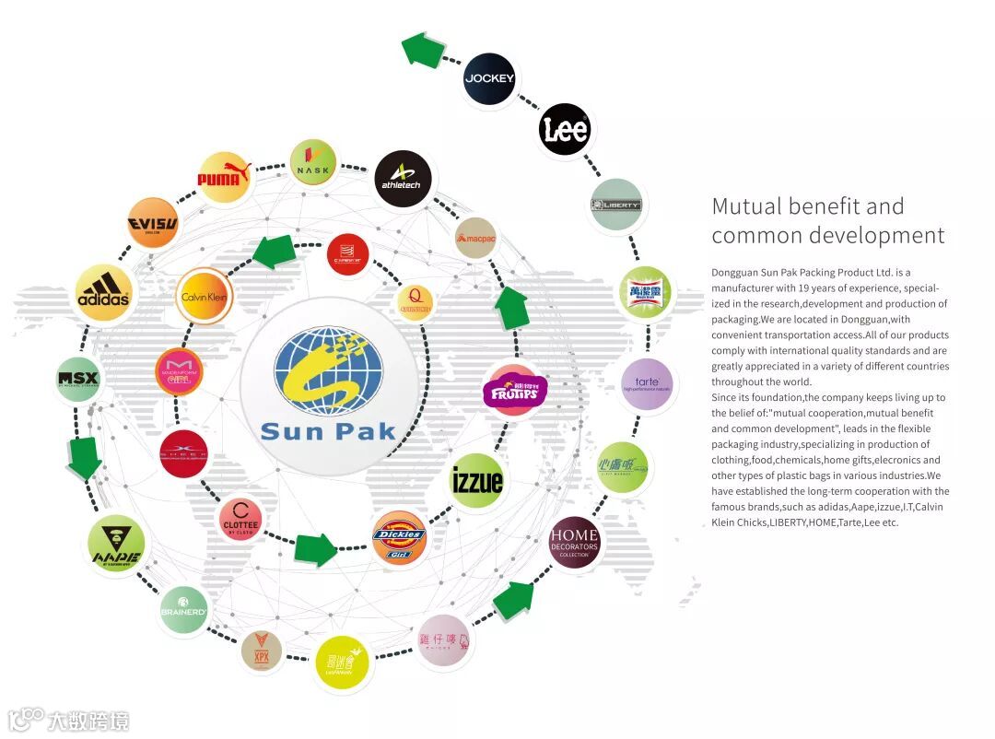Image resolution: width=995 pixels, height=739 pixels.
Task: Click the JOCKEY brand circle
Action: click(489, 78)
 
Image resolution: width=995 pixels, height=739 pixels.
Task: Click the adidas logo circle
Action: click(102, 293)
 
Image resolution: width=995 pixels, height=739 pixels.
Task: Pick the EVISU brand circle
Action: click(153, 223)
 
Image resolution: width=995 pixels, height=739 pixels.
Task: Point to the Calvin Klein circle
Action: click(204, 296)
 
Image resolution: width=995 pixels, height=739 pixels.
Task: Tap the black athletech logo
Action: click(403, 177)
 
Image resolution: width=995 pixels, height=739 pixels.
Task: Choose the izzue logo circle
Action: click(477, 480)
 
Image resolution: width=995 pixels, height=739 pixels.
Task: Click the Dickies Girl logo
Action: click(399, 537)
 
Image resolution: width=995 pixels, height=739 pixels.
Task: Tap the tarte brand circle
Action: click(647, 384)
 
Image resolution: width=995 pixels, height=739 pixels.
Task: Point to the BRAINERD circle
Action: click(182, 609)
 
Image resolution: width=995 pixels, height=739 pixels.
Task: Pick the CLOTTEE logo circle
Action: click(241, 519)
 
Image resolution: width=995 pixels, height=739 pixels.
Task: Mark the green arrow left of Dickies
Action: click(315, 548)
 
